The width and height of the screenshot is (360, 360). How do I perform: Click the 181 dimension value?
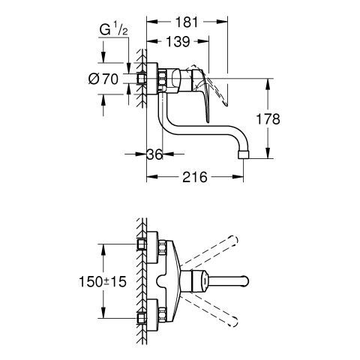(x=187, y=22)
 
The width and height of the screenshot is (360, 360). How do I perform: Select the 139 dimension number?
(x=178, y=41)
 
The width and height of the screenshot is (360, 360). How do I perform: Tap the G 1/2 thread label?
(x=114, y=29)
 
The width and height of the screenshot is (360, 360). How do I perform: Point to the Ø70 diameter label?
(x=103, y=79)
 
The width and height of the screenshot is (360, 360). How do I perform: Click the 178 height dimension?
(x=268, y=119)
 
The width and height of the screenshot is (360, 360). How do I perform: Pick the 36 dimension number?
(x=154, y=154)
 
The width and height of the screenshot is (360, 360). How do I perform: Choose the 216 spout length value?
(x=195, y=177)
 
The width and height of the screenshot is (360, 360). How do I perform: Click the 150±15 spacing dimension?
(x=103, y=282)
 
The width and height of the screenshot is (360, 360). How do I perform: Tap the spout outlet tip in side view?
(x=244, y=154)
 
